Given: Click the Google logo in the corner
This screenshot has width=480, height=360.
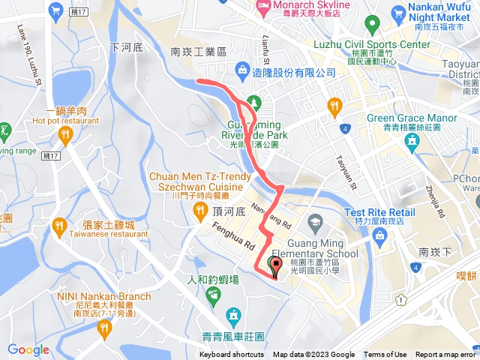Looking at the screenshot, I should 28,349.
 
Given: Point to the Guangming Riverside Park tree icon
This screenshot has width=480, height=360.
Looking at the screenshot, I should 253,102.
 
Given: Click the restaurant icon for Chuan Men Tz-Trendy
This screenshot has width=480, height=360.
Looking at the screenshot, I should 200,211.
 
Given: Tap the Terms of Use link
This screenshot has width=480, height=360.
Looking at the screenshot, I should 385,355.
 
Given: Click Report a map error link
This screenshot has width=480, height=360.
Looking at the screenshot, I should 446,355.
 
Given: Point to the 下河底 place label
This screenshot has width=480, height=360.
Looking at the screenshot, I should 125,46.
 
